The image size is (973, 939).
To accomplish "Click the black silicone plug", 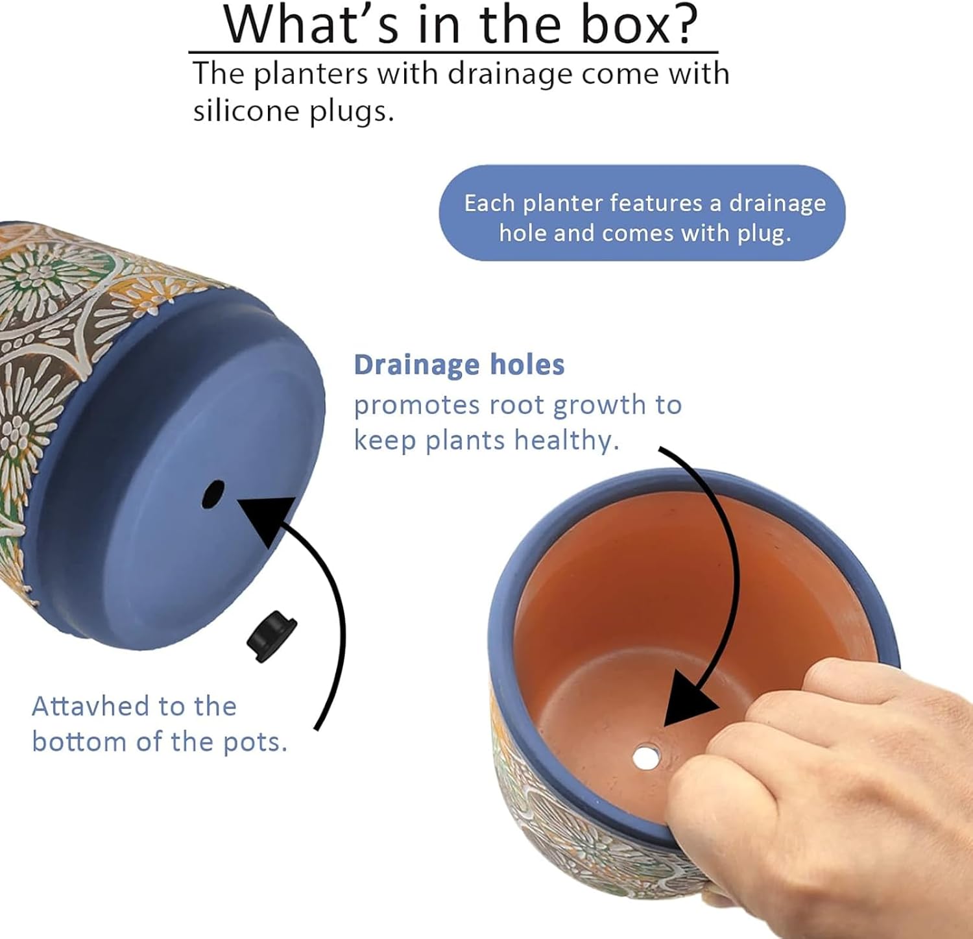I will [272, 636].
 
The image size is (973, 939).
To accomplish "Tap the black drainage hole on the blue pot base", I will [213, 494].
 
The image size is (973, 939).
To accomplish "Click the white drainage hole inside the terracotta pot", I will [646, 757].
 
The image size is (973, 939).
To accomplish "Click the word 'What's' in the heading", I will [307, 25].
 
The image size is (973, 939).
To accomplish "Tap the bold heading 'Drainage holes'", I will [459, 365].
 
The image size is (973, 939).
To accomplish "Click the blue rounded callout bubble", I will [642, 213].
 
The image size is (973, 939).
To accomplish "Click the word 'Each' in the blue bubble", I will [489, 203].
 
